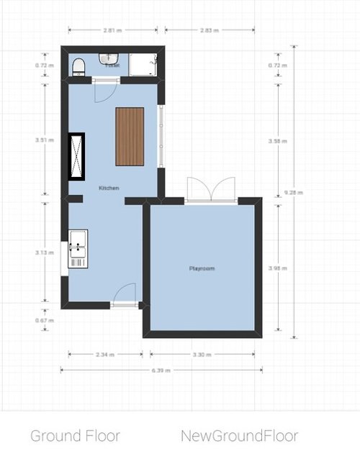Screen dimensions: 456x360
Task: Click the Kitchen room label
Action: pos(109,188)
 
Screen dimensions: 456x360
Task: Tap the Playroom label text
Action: pos(202,268)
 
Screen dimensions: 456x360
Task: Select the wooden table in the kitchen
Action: pos(130,136)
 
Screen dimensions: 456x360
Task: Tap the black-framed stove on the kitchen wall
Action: pos(76,156)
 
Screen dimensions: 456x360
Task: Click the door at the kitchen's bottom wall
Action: pos(125,295)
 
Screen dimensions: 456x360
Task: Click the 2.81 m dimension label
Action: pos(111,30)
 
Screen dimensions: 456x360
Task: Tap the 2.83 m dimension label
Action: pos(209,30)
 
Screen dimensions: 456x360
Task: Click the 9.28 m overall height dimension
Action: pos(294,193)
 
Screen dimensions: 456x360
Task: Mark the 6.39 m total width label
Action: pos(161,370)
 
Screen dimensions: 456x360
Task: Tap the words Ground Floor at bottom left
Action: pos(75,435)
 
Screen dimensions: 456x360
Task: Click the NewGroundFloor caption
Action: pos(239,435)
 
